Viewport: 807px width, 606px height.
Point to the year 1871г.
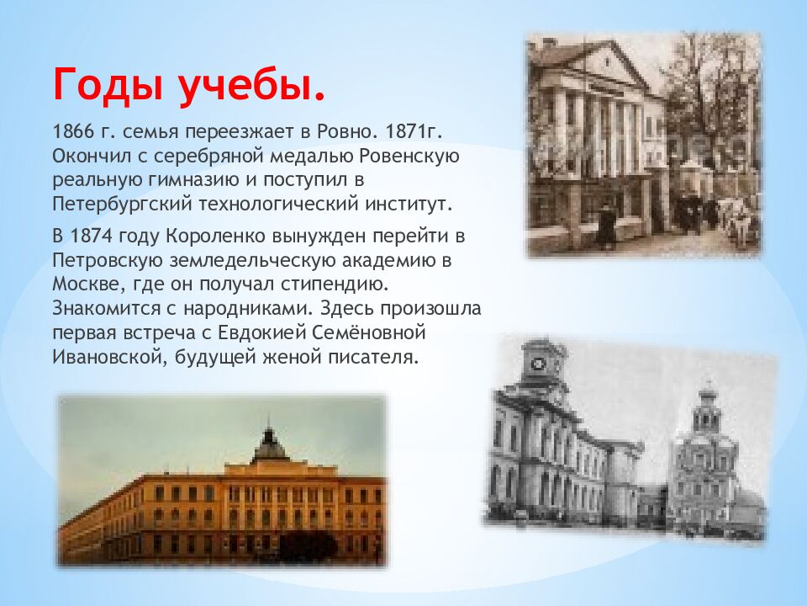click(x=414, y=132)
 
